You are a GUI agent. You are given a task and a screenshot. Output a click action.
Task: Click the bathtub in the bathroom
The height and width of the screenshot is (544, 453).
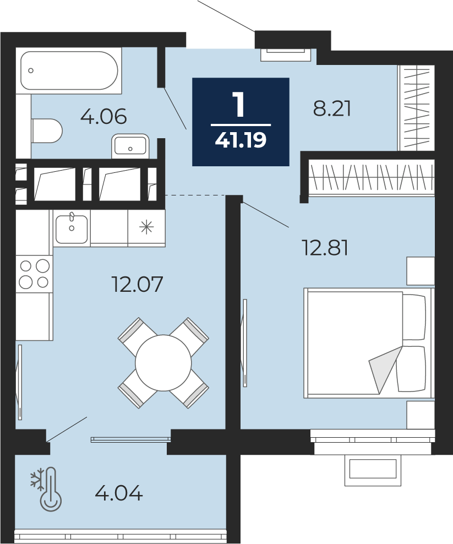pyautogui.click(x=69, y=71)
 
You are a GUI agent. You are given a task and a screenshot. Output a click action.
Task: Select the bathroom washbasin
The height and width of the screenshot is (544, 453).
pyautogui.click(x=130, y=146)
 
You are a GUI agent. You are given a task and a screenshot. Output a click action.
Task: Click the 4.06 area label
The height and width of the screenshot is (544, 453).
pyautogui.click(x=103, y=117)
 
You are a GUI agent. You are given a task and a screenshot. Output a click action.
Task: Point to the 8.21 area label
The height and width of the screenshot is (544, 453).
pyautogui.click(x=332, y=108)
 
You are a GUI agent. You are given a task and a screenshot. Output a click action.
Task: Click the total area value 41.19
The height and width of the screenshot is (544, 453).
pyautogui.click(x=241, y=140)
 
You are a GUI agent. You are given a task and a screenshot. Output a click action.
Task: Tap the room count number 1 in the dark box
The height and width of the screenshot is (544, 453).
pyautogui.click(x=240, y=105)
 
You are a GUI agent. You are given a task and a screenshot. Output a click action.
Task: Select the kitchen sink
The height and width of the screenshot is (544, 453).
pyautogui.click(x=72, y=229)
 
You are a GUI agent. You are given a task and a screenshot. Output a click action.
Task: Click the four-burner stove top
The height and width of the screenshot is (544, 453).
pyautogui.click(x=34, y=274)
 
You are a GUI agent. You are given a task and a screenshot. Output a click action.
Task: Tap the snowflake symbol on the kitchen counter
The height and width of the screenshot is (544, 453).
pyautogui.click(x=146, y=227)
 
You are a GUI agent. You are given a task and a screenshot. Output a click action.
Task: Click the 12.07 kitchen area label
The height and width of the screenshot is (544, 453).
pyautogui.click(x=137, y=284)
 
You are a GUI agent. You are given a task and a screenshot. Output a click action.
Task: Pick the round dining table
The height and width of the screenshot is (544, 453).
pyautogui.click(x=163, y=363)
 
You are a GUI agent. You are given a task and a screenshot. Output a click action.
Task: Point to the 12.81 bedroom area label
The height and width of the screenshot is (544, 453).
pyautogui.click(x=325, y=247)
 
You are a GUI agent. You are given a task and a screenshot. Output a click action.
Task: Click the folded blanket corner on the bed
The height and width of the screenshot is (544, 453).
pyautogui.click(x=384, y=370)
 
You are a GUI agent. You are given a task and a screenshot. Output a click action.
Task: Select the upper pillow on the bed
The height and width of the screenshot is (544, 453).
pyautogui.click(x=414, y=317)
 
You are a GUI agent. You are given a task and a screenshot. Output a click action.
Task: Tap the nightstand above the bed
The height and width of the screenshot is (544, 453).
pyautogui.click(x=421, y=271)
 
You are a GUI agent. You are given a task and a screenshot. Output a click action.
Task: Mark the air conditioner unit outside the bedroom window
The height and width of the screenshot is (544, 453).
pyautogui.click(x=373, y=470)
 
